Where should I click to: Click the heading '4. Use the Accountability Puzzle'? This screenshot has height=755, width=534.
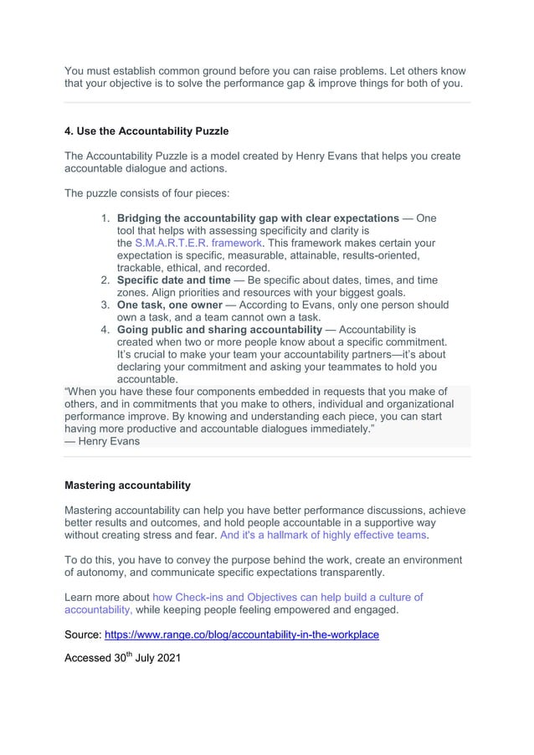146,131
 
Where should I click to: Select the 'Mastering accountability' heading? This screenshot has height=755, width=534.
127,485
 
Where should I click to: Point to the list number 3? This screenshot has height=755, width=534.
106,306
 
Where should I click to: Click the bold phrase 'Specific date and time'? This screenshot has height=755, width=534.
173,280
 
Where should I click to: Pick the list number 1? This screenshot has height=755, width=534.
106,218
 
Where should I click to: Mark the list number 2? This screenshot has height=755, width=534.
106,280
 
